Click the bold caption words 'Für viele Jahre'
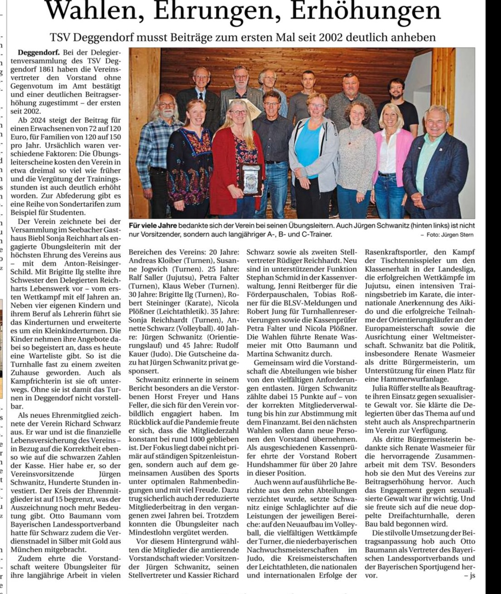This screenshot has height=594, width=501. coord(153,226)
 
